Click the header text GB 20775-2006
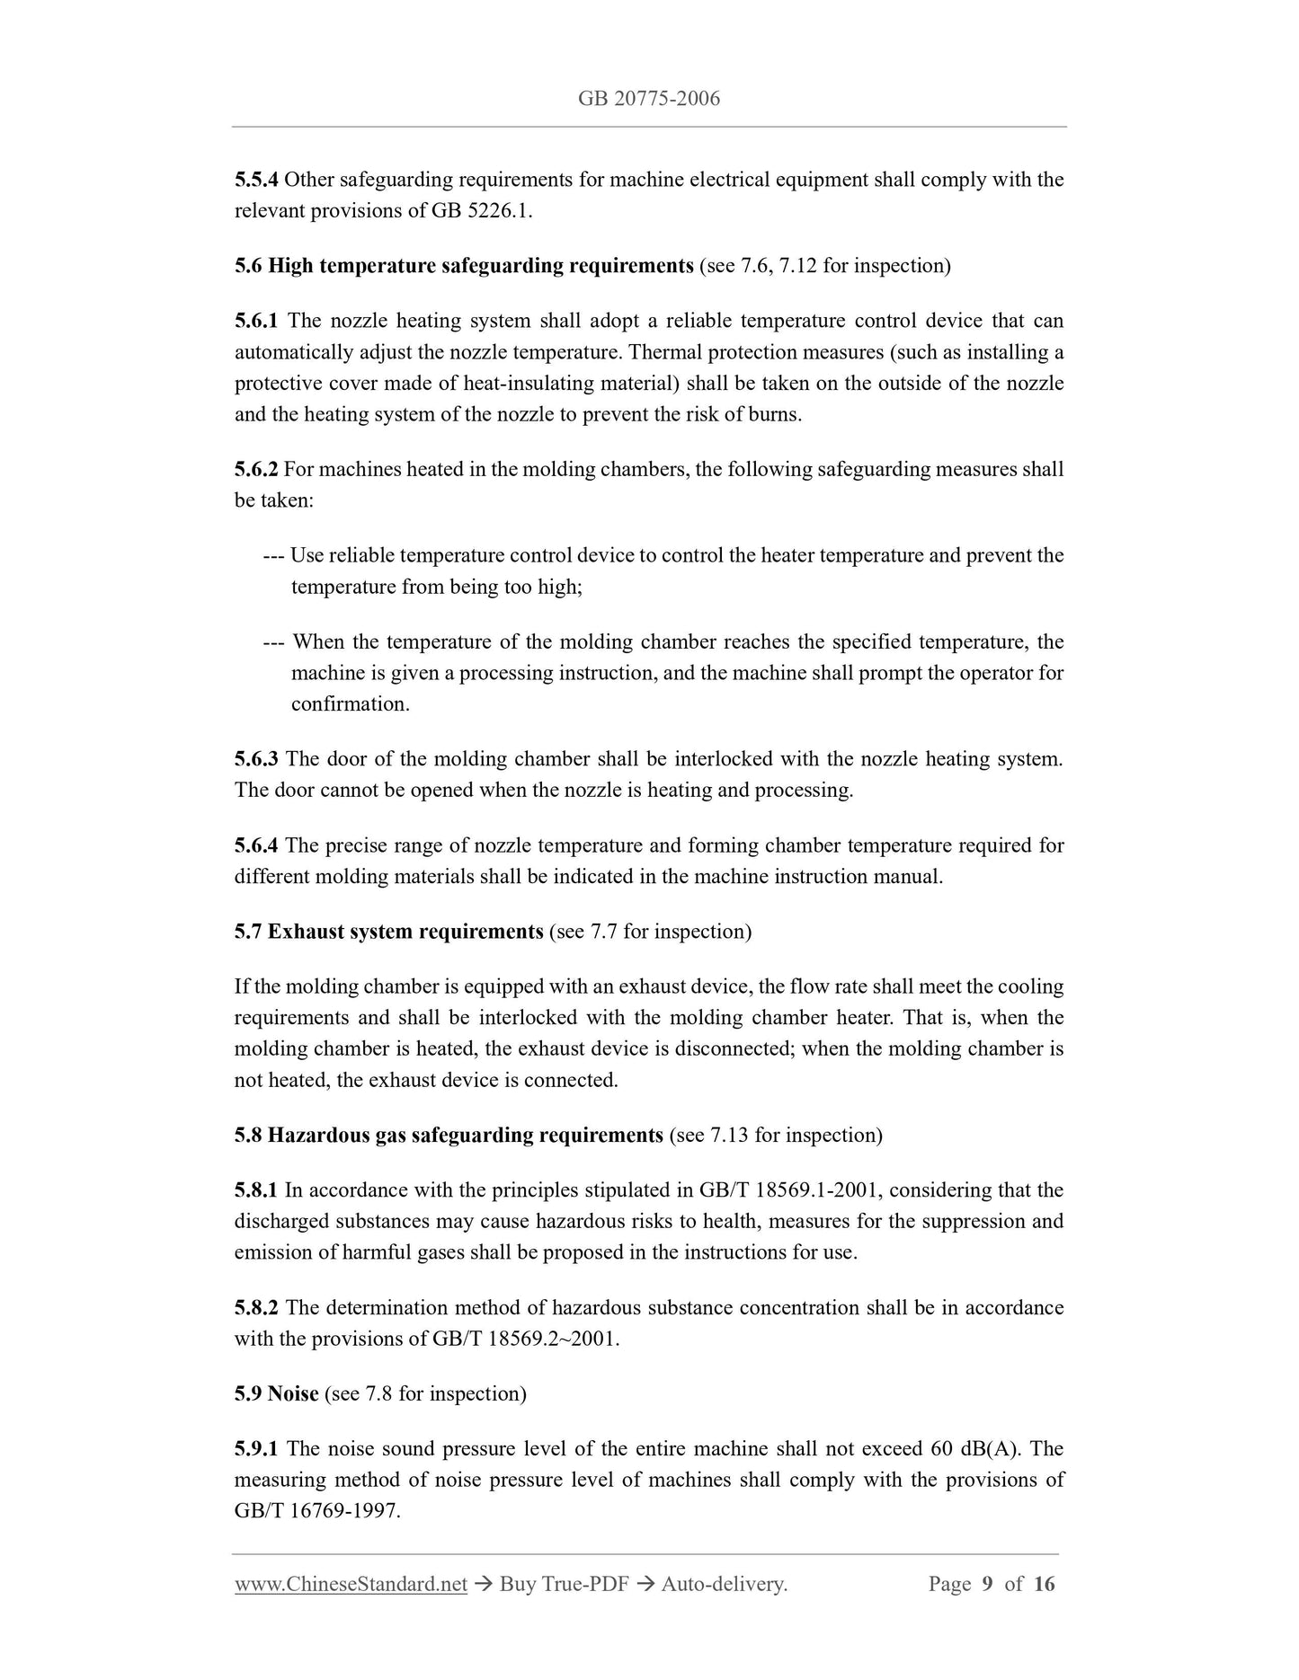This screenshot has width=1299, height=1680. coord(649,98)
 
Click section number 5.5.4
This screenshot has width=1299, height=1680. coord(257,180)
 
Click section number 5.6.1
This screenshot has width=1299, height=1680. coord(257,321)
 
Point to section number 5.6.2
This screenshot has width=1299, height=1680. coord(257,469)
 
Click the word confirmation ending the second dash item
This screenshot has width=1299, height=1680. coord(350,704)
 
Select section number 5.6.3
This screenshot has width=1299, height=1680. coord(257,759)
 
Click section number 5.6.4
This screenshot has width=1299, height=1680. coord(257,845)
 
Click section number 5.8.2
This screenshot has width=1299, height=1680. coord(257,1308)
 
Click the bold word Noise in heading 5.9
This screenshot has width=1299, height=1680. coord(293,1394)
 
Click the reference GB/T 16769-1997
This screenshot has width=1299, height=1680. coord(316,1511)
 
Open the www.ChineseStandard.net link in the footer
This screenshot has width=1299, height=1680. coord(351,1584)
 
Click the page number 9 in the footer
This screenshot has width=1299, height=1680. coord(987,1584)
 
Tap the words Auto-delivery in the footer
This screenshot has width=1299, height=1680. coord(724,1584)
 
